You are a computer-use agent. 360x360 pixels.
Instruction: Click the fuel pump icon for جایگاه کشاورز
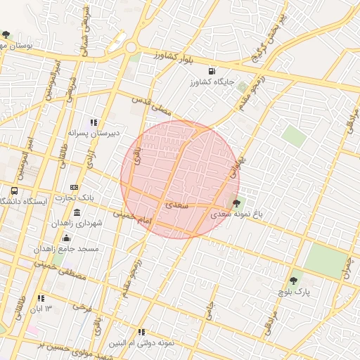pos(212,71)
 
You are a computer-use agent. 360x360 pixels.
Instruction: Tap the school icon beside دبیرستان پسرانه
pos(94,122)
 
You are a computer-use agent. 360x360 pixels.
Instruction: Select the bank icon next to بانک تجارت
pos(74,187)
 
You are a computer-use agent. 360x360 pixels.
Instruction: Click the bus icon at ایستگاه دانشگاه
pos(14,191)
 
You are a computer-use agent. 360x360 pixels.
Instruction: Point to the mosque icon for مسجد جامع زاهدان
pos(66,238)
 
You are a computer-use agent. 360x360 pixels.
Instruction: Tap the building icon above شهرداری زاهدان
pos(77,212)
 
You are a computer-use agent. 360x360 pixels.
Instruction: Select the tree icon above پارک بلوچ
pos(293,281)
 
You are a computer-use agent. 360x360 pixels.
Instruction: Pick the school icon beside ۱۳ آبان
pos(40,297)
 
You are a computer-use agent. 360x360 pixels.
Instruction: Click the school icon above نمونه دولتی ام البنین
pos(141,333)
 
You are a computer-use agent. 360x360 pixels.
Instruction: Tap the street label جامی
pos(209,309)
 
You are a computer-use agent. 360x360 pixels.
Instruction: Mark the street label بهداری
pos(236,167)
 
